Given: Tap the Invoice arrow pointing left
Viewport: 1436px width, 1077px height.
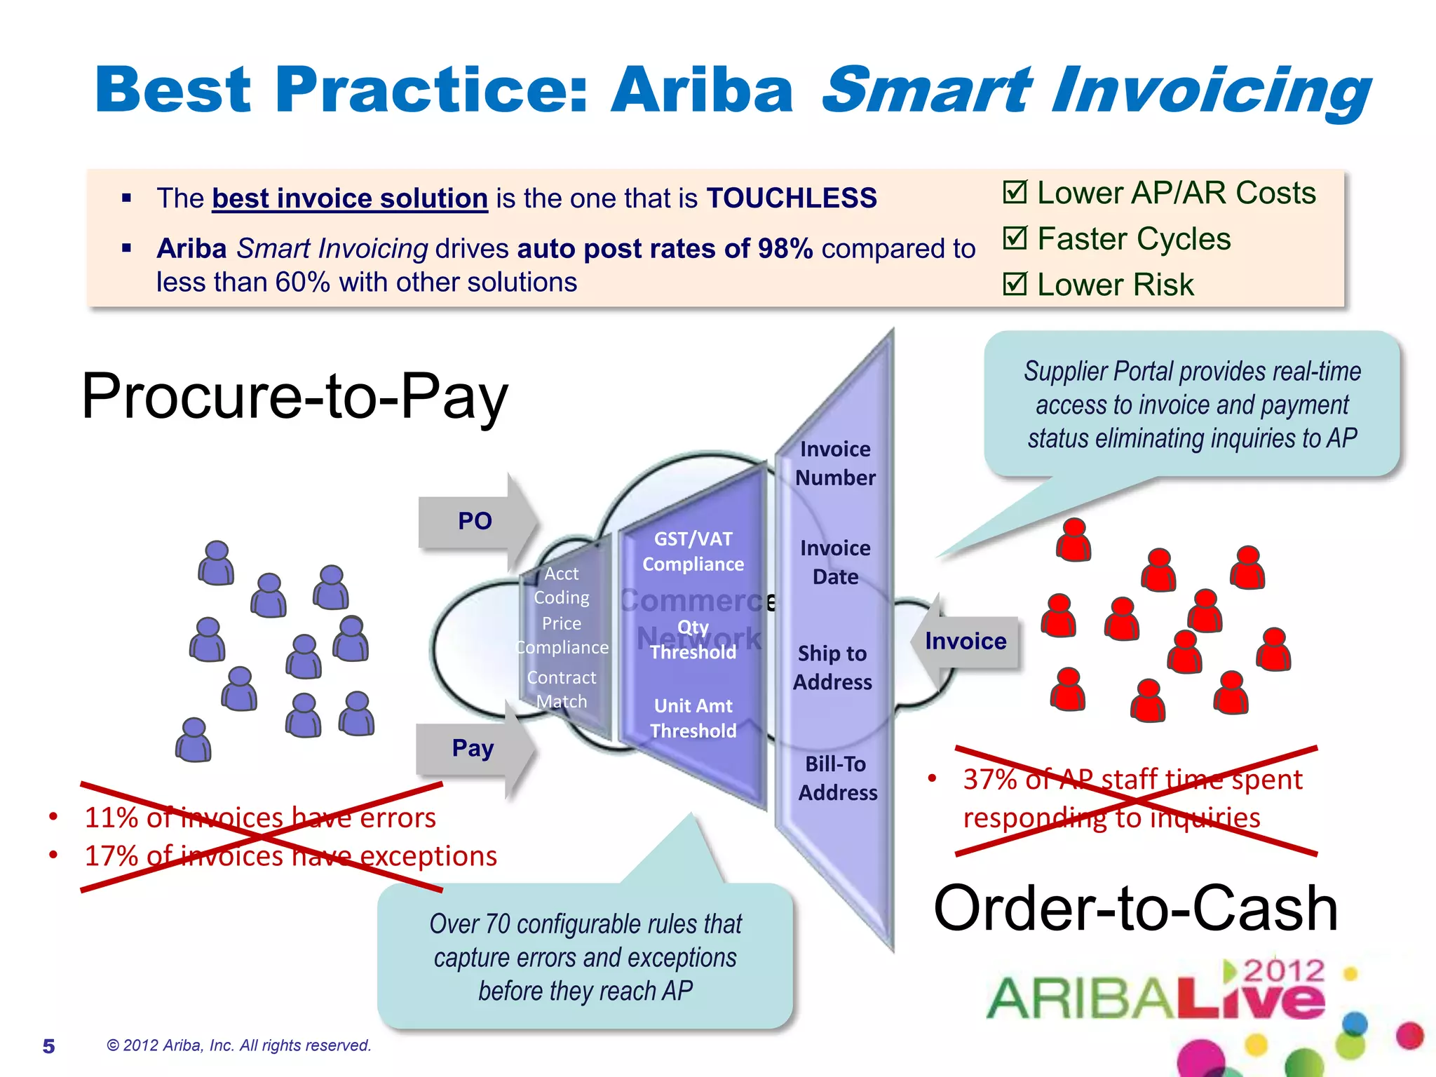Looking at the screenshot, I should pyautogui.click(x=966, y=641).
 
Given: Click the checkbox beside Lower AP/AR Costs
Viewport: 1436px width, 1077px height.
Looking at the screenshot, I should pyautogui.click(x=1015, y=192).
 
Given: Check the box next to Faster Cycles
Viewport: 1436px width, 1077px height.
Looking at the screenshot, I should pyautogui.click(x=1015, y=238).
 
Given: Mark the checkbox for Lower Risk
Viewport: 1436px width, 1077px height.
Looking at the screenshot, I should pyautogui.click(x=1015, y=284).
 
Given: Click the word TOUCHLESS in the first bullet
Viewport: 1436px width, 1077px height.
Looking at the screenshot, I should pyautogui.click(x=792, y=198).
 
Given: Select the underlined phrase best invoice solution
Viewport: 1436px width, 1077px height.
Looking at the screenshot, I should pyautogui.click(x=350, y=198).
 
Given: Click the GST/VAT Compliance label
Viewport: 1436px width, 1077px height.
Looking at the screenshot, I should pyautogui.click(x=693, y=552).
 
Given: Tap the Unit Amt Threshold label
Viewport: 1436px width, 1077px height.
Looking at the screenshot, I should pyautogui.click(x=693, y=718).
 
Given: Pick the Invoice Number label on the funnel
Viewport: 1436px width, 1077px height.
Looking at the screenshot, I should pyautogui.click(x=835, y=463).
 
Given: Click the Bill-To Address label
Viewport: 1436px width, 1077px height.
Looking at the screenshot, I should pyautogui.click(x=837, y=778).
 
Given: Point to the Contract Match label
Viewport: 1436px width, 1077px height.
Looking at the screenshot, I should pyautogui.click(x=562, y=689).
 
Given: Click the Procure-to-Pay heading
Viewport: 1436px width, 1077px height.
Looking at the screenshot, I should pyautogui.click(x=294, y=397).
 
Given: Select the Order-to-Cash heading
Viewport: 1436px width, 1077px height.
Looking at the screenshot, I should pyautogui.click(x=1135, y=909).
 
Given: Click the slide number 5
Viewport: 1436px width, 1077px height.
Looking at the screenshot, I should pyautogui.click(x=48, y=1046).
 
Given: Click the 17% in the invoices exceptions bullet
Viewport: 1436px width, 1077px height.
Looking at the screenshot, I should pyautogui.click(x=111, y=856).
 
